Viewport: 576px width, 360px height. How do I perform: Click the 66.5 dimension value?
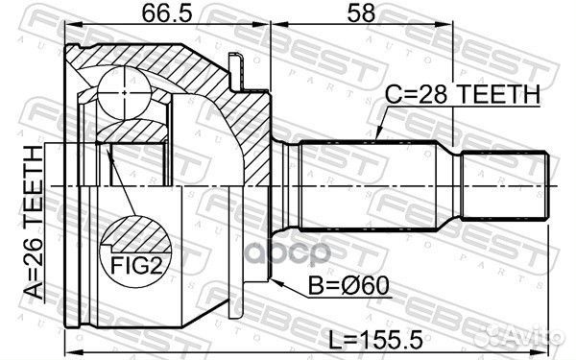[167, 12]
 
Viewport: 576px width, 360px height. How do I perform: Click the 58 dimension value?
[361, 12]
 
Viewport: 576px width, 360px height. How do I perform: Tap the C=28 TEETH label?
[463, 95]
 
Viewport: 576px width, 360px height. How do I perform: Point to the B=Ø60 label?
[348, 286]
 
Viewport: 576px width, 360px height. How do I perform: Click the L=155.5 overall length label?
[375, 340]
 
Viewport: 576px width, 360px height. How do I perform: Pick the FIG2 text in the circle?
[136, 265]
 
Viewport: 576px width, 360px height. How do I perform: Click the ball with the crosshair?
[125, 92]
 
